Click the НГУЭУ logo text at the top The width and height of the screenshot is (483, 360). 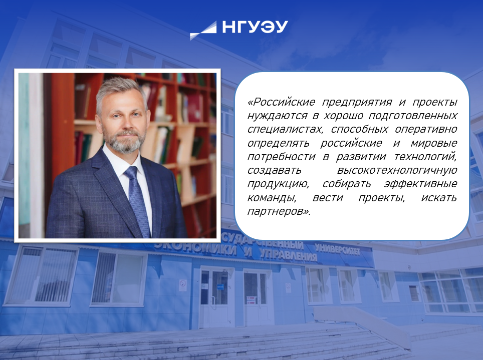pos(255,28)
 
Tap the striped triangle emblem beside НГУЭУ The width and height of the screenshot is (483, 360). pos(203,31)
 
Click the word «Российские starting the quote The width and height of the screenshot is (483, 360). pos(283,102)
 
